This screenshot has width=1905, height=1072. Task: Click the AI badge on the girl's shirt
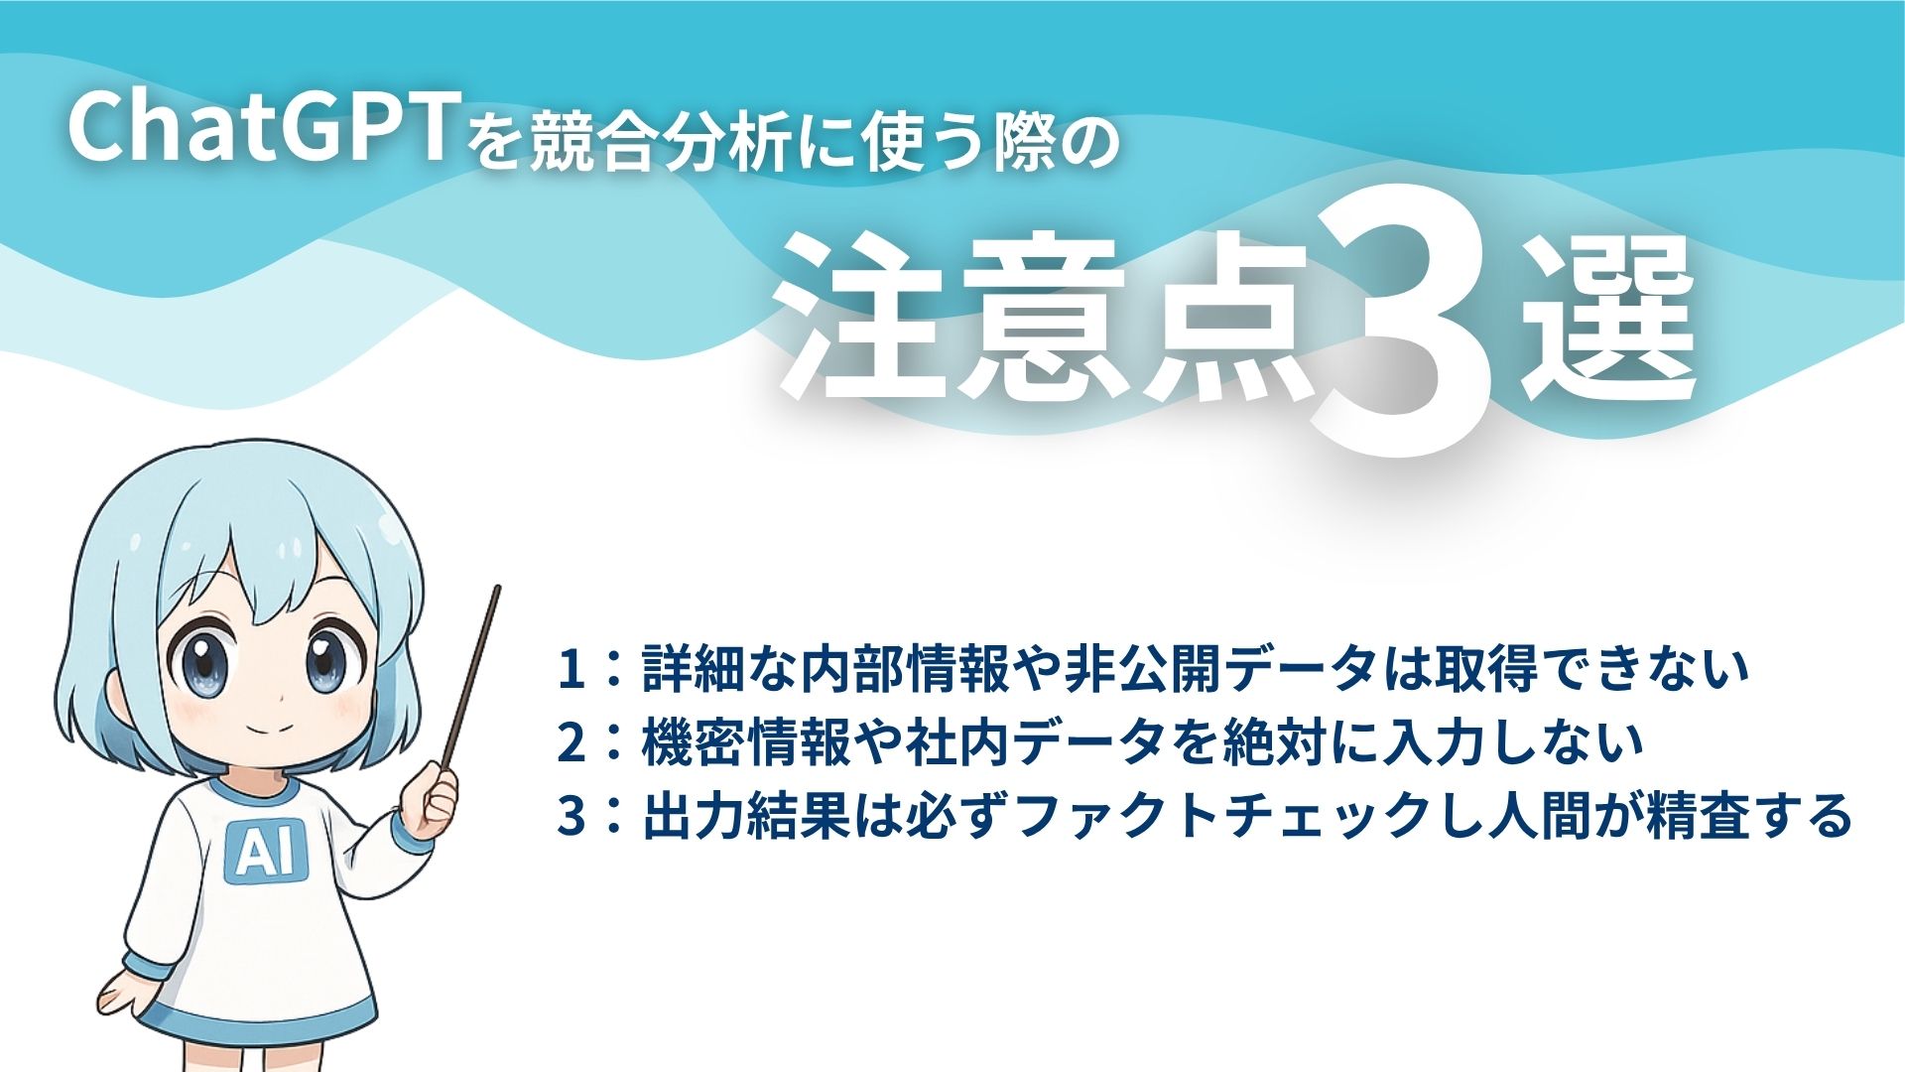click(266, 853)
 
